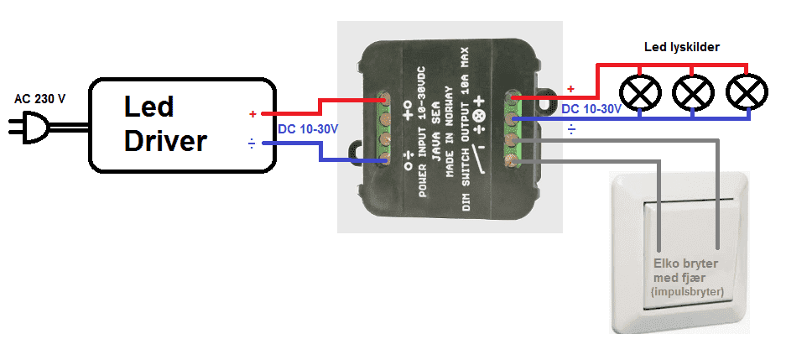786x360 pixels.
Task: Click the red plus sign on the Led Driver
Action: coord(252,113)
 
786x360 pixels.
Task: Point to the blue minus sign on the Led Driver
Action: coord(252,143)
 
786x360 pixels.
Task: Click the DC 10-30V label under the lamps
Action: coord(591,109)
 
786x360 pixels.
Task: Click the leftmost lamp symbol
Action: coord(640,92)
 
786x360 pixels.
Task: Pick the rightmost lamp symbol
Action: coord(746,92)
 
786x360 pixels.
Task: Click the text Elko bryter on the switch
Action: coord(686,263)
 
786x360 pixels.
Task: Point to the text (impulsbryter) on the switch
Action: coord(687,291)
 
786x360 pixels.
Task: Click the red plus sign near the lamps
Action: coord(571,89)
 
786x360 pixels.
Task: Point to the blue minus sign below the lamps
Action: coord(571,129)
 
